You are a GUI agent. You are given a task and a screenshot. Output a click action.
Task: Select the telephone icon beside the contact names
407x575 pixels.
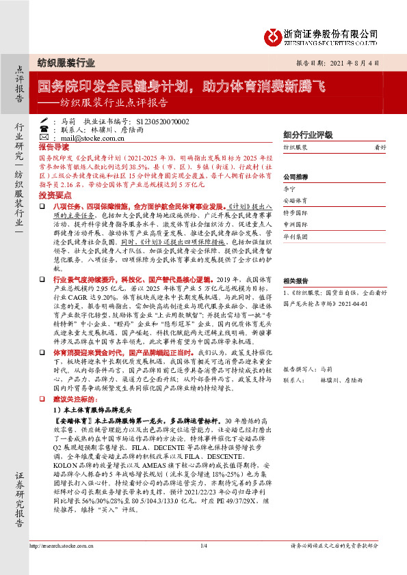(x=64, y=129)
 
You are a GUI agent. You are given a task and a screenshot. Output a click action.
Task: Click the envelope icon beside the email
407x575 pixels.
(x=64, y=137)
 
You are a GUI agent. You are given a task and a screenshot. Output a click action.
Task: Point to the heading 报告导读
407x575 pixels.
(x=54, y=147)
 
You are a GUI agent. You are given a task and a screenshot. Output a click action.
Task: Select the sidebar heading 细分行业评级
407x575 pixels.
(x=307, y=135)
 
